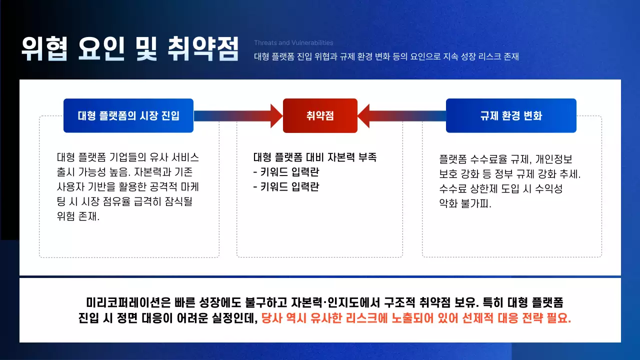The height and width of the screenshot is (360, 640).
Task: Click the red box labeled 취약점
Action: click(320, 115)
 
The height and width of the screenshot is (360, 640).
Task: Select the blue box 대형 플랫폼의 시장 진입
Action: click(128, 115)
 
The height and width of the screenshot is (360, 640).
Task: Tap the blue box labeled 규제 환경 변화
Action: click(510, 115)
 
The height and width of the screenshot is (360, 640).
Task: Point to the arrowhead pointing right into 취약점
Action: click(276, 115)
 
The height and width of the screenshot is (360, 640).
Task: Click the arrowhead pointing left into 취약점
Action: click(363, 115)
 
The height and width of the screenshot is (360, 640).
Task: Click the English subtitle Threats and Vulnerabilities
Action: click(293, 43)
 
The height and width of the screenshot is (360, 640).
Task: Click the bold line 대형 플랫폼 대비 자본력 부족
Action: click(315, 157)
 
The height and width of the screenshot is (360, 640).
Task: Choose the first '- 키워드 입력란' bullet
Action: click(286, 172)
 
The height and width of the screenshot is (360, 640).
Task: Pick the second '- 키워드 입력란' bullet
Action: click(286, 187)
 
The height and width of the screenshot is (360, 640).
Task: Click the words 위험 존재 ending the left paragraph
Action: click(78, 217)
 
